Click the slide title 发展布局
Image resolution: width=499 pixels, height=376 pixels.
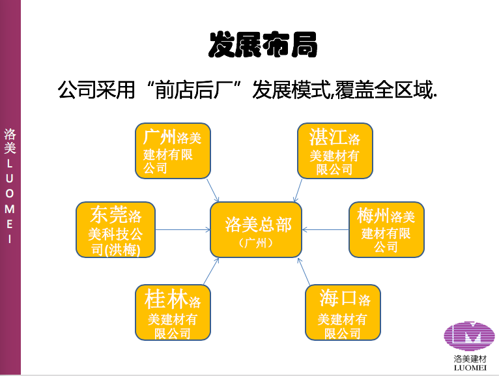pos(263,44)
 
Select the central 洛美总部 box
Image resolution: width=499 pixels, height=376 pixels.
pos(256,229)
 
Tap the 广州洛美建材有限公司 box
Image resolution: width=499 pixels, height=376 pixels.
pos(173,151)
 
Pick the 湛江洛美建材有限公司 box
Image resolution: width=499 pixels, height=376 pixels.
pos(335,151)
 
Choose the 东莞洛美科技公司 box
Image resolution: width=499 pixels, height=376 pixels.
pos(115,229)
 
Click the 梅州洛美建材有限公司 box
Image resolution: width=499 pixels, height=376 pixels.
pos(387,229)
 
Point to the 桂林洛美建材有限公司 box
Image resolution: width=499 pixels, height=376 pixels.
pos(173,312)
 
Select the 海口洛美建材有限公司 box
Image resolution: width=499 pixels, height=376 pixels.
pos(343,312)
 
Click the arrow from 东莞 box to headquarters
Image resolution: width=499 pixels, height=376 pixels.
pos(182,229)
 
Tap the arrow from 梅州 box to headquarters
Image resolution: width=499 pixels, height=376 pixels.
pos(325,229)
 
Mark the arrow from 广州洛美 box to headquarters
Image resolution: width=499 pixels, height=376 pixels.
pos(213,190)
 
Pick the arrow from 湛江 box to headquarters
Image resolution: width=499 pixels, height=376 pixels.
pos(298,190)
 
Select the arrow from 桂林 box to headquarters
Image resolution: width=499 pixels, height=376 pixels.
pos(211,271)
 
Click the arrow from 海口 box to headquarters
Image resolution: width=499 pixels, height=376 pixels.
pos(304,271)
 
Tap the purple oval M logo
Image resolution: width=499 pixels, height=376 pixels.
pos(470,336)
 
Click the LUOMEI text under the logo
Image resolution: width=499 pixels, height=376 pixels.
pos(470,368)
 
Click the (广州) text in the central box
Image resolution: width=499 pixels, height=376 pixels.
pos(256,243)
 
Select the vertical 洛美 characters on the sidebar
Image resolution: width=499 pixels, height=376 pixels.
pos(10,141)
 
